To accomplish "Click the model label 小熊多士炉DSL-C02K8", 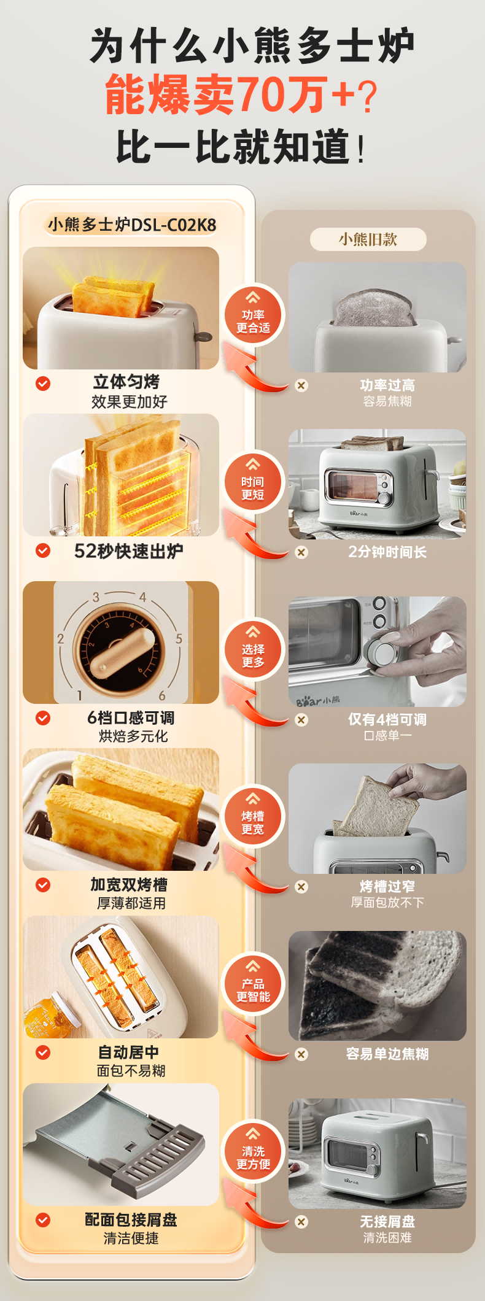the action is click(132, 225).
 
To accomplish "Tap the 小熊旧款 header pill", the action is click(368, 239).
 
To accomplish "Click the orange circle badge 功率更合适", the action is click(253, 315).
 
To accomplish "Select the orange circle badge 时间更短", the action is click(253, 483).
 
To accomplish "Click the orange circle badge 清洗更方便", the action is click(253, 1152).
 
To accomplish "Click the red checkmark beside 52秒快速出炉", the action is click(43, 550).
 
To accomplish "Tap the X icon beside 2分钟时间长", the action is click(301, 552).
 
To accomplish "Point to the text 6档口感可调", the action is click(131, 717).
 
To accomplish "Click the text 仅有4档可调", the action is click(387, 719).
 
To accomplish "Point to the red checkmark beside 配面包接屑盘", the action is click(43, 1219).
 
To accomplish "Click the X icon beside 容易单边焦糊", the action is click(301, 1054).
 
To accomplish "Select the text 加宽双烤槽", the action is click(129, 884).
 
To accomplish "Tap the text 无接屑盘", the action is click(387, 1221).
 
